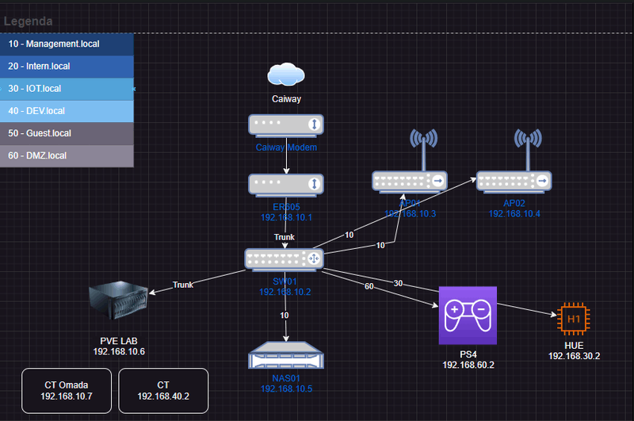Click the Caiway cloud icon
285,75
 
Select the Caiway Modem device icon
285,124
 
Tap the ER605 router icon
285,184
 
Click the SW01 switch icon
285,258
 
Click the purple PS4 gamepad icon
468,316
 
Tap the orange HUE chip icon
574,319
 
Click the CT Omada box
67,391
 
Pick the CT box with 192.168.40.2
163,391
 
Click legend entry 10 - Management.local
67,44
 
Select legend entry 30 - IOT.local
67,89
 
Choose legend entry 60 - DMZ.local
67,155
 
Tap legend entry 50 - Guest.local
67,133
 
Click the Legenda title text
29,22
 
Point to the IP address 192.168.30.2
574,356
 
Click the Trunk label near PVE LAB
183,285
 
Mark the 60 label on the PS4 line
369,286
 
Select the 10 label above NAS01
285,316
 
